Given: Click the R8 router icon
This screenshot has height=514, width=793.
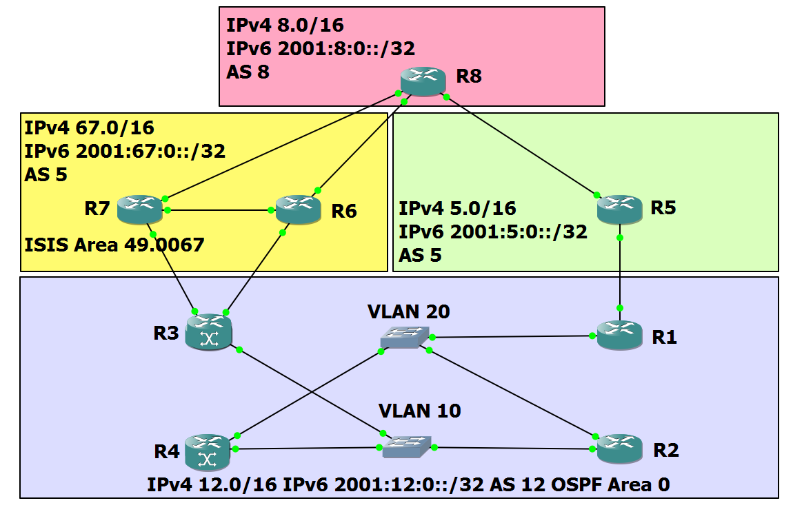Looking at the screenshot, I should (x=423, y=81).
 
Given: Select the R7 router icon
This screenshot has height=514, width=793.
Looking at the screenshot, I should (x=139, y=208).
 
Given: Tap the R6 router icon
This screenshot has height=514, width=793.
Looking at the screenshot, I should (x=298, y=208).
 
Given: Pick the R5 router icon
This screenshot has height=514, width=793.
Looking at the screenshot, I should (x=619, y=208).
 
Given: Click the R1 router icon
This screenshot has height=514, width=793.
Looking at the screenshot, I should (x=619, y=335).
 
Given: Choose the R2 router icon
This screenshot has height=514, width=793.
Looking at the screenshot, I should (x=619, y=449).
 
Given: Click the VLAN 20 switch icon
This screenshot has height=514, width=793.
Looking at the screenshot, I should (x=404, y=337).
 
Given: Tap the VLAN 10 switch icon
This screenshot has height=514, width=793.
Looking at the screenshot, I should (x=408, y=446).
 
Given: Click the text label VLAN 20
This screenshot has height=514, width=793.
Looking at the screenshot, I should (x=408, y=311).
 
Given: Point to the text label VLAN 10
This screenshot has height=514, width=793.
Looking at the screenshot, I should (x=419, y=411).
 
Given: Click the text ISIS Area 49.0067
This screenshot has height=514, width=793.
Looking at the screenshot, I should (x=114, y=245).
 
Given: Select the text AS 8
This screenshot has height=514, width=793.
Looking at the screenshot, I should (x=248, y=72).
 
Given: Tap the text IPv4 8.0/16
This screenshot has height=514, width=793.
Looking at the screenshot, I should (x=285, y=26).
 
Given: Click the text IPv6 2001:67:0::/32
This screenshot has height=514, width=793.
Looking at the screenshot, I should (x=125, y=151).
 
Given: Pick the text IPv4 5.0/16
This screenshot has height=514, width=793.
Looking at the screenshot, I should (x=457, y=209).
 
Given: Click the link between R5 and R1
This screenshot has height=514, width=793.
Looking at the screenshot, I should (x=620, y=273).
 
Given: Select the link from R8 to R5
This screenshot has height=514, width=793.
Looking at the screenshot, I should (x=521, y=145).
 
